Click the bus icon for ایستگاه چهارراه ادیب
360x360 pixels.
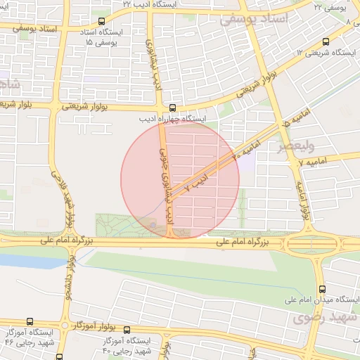point(172,108)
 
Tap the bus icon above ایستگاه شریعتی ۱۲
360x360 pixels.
point(325,41)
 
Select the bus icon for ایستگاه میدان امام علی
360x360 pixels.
point(322,289)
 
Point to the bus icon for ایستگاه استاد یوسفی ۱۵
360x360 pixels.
point(102,21)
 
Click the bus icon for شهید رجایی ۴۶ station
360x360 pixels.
point(29,321)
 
